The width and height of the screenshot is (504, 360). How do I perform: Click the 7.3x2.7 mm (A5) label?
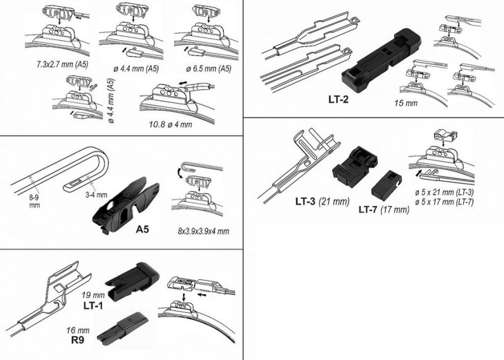click(x=62, y=64)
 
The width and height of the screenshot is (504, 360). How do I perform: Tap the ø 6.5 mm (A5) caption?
click(x=209, y=68)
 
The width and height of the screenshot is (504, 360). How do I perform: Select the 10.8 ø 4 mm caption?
click(x=170, y=124)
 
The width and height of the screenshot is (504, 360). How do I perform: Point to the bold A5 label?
click(x=142, y=229)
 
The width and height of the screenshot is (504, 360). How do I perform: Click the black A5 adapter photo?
click(x=126, y=205)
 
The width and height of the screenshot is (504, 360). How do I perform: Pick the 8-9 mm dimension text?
click(x=34, y=201)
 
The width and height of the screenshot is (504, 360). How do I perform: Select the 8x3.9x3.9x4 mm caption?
click(x=203, y=231)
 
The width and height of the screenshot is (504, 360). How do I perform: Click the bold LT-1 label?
click(x=93, y=305)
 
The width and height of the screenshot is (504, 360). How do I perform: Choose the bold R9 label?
click(x=77, y=340)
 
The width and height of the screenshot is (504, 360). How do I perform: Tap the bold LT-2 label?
click(x=338, y=99)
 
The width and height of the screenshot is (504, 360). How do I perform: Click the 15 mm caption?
click(x=406, y=103)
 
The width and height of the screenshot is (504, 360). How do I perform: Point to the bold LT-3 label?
click(x=306, y=201)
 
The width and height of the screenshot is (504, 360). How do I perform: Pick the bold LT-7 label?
click(x=368, y=209)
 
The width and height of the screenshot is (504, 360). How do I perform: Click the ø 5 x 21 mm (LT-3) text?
click(x=444, y=193)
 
